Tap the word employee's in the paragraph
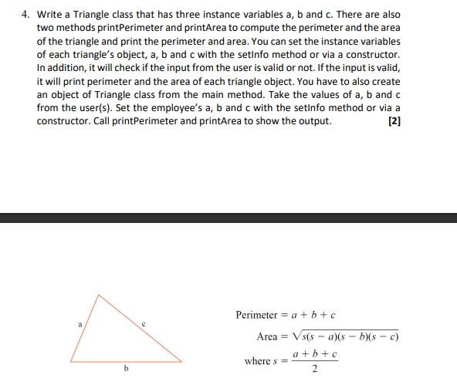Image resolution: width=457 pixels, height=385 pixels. [221, 109]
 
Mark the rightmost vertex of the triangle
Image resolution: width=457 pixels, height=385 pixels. [182, 360]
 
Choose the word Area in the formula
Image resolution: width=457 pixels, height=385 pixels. [267, 337]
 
